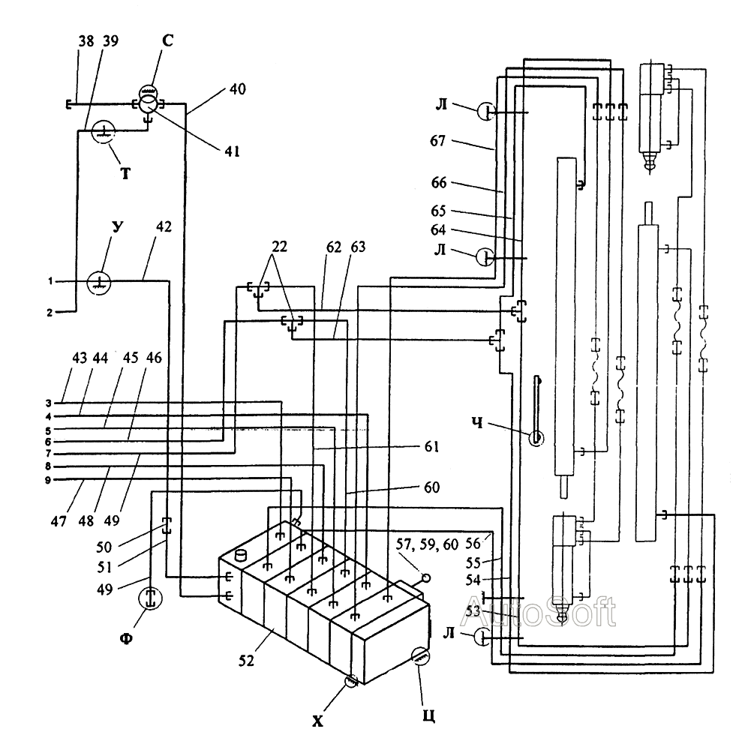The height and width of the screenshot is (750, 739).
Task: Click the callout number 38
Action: click(x=86, y=41)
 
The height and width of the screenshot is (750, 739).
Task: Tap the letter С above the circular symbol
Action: click(x=167, y=40)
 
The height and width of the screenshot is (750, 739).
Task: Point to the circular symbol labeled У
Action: click(x=98, y=283)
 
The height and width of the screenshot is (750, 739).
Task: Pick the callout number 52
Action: click(x=246, y=661)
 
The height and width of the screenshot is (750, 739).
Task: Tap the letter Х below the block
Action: click(x=317, y=721)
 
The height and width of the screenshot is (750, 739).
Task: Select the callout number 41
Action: click(x=232, y=151)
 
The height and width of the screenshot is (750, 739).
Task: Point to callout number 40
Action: click(x=238, y=89)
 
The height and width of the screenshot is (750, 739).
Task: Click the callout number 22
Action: click(x=280, y=247)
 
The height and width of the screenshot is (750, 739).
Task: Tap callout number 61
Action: click(x=431, y=446)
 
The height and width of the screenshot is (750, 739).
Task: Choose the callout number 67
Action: click(x=437, y=141)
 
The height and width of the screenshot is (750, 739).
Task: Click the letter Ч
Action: click(x=477, y=423)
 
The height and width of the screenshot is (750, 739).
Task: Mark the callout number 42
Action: click(x=164, y=226)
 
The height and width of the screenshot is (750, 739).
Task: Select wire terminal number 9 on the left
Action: click(x=48, y=480)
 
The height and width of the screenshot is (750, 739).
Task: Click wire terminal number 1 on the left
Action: click(x=50, y=281)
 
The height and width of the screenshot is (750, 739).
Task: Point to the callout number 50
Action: click(x=104, y=547)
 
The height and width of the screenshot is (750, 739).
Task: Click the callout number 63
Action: click(x=358, y=247)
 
